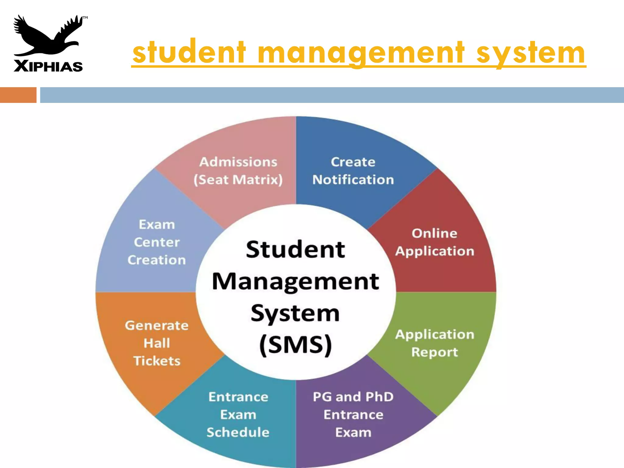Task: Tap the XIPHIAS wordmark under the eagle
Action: click(x=48, y=66)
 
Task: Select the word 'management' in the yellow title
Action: click(x=361, y=52)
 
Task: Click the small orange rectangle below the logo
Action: click(x=18, y=95)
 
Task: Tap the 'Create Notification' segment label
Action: click(x=353, y=171)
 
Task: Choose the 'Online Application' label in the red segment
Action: click(x=434, y=242)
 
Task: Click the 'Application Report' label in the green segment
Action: click(x=434, y=343)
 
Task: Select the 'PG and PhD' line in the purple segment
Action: click(x=353, y=397)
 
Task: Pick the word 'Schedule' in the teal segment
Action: click(x=238, y=432)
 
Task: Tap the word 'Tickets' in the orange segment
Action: click(x=157, y=361)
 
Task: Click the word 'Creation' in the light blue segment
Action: click(x=157, y=260)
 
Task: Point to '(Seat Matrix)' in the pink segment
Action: click(x=238, y=180)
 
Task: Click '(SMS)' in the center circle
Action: click(x=295, y=345)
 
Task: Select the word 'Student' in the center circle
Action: click(x=295, y=249)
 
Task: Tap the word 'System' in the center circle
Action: click(x=295, y=313)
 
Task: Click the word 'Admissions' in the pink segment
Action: click(x=238, y=162)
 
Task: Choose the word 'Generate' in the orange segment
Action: click(x=157, y=325)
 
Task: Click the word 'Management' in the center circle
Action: click(x=295, y=282)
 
